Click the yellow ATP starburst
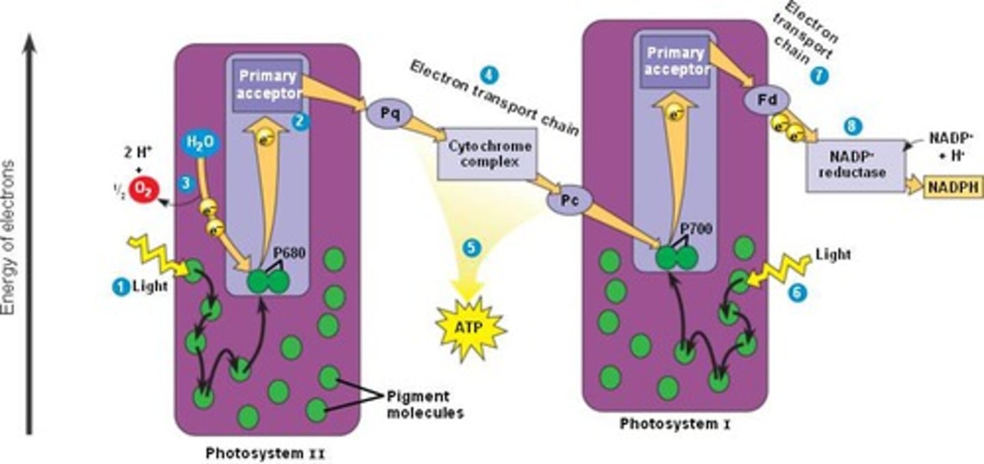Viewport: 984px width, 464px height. (x=470, y=328)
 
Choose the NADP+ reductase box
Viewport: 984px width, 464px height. (x=855, y=165)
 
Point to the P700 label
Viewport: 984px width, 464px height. (x=698, y=229)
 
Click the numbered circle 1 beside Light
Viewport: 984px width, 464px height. (x=120, y=288)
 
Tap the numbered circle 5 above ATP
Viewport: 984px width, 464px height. (x=471, y=248)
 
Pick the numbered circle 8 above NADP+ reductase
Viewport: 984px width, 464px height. (x=853, y=126)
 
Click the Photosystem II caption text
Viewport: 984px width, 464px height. (x=262, y=452)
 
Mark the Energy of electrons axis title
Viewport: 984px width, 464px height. (x=9, y=237)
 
